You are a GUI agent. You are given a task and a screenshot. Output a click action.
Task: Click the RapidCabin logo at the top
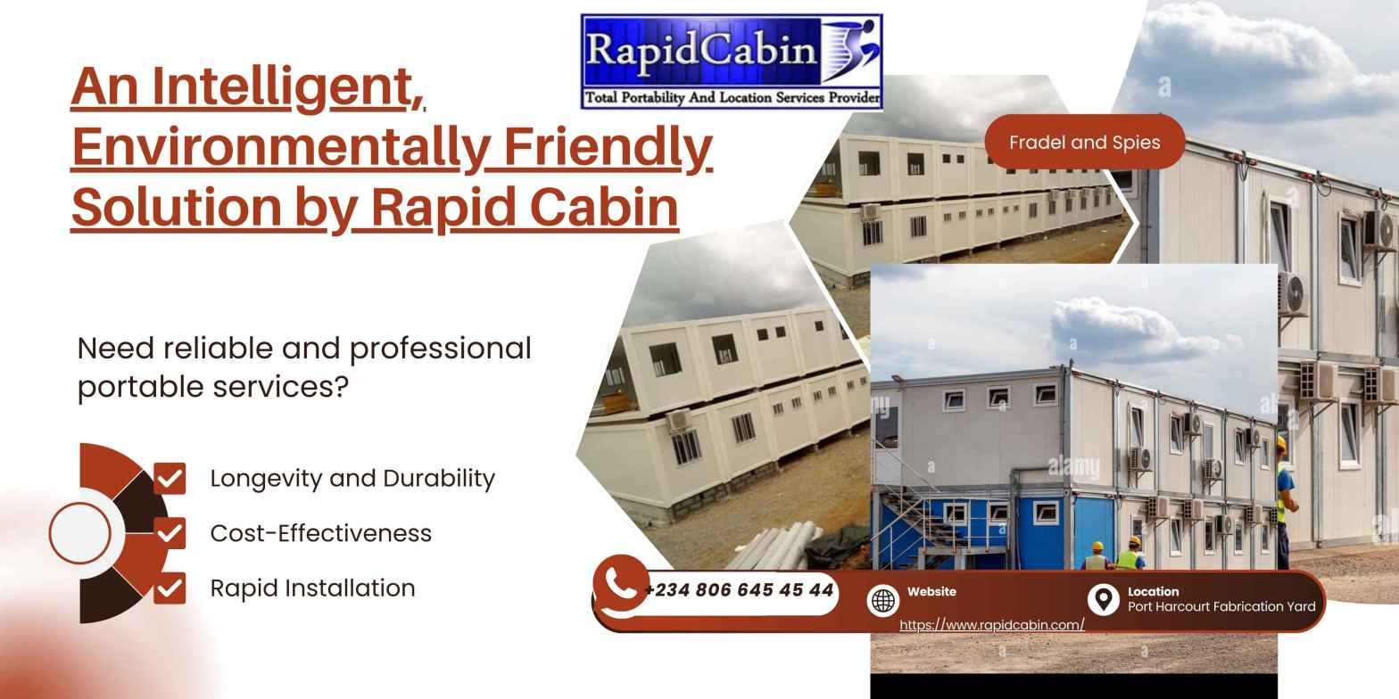click(732, 61)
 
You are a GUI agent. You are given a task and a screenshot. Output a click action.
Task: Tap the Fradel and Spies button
click(1084, 142)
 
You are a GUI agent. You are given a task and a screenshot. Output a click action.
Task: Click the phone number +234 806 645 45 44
click(739, 590)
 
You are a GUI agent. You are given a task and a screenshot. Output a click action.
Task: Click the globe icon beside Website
click(882, 601)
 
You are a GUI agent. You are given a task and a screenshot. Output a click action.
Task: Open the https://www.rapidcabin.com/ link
click(991, 625)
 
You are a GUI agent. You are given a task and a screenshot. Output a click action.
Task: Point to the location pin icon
click(1104, 599)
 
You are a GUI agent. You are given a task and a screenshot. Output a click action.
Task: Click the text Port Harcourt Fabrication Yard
click(1221, 606)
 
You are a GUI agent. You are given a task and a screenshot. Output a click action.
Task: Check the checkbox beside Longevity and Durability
click(170, 478)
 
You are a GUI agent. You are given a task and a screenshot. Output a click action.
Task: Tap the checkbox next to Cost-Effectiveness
click(170, 533)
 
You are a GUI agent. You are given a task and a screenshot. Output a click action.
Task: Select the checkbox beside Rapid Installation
click(170, 588)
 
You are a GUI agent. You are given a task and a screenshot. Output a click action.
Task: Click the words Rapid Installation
click(312, 588)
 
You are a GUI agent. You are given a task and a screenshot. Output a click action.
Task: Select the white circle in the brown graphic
click(80, 533)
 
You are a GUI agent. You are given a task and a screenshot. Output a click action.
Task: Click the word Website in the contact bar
click(931, 591)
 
